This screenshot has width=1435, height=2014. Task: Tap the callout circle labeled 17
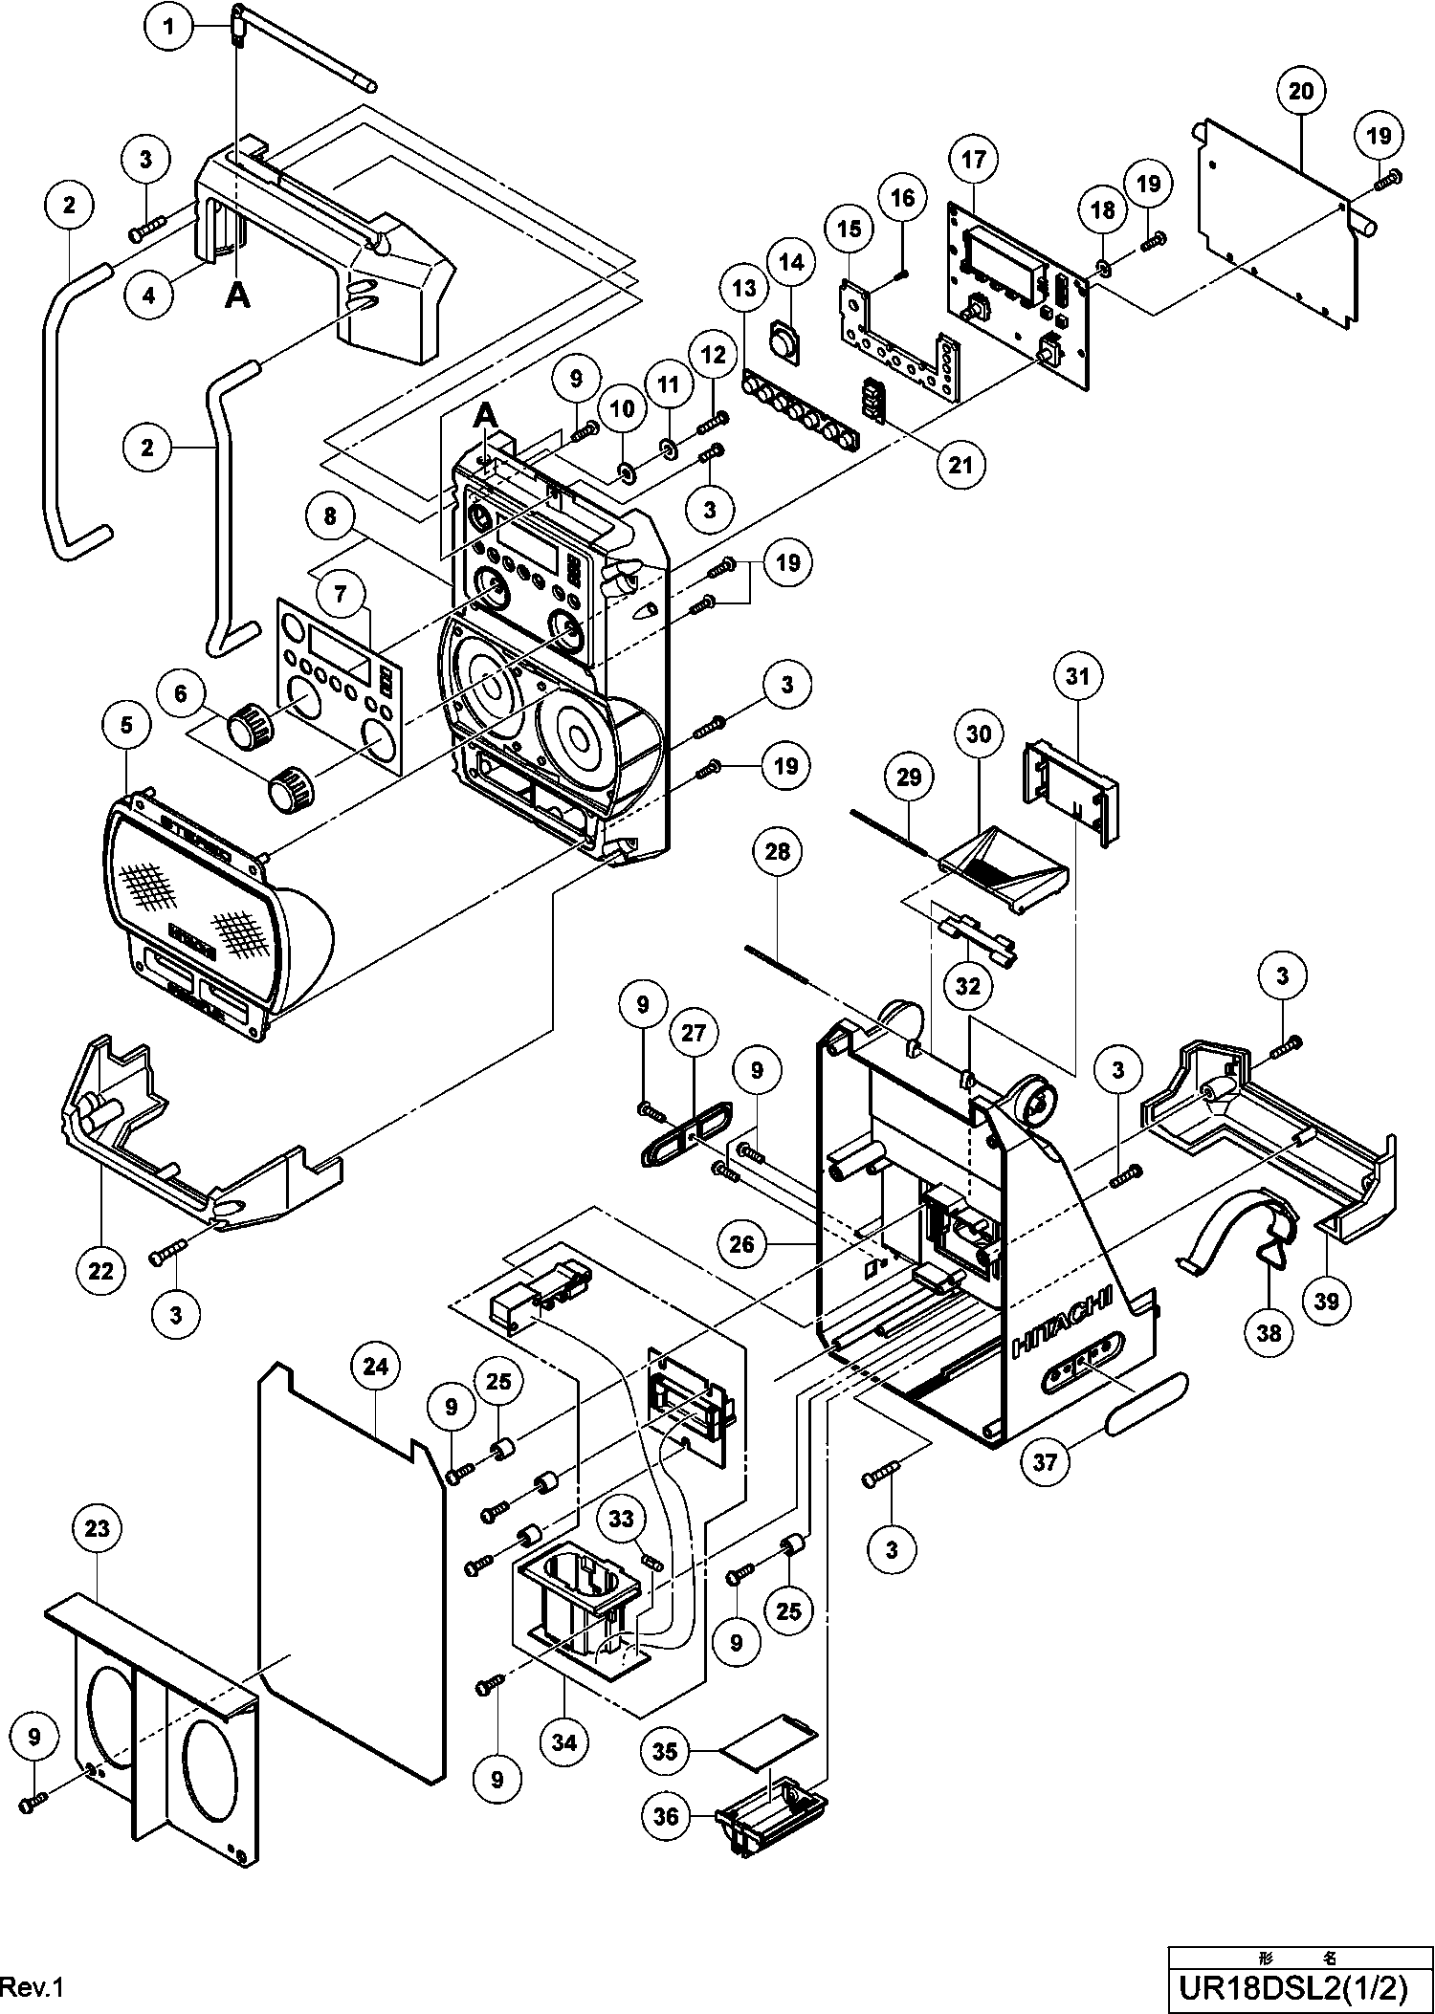[973, 159]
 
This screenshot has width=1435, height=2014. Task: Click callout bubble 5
[126, 726]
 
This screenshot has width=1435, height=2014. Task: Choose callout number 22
[100, 1270]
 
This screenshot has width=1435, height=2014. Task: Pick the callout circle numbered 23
[98, 1529]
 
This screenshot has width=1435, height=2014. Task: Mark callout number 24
[376, 1367]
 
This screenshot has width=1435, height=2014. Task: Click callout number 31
[1077, 676]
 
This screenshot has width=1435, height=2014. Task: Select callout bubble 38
[1269, 1331]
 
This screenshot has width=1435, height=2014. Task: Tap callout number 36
[666, 1815]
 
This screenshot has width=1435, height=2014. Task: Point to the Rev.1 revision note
[32, 1987]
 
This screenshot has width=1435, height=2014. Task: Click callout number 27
[693, 1034]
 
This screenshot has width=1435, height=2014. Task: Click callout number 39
[1327, 1301]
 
